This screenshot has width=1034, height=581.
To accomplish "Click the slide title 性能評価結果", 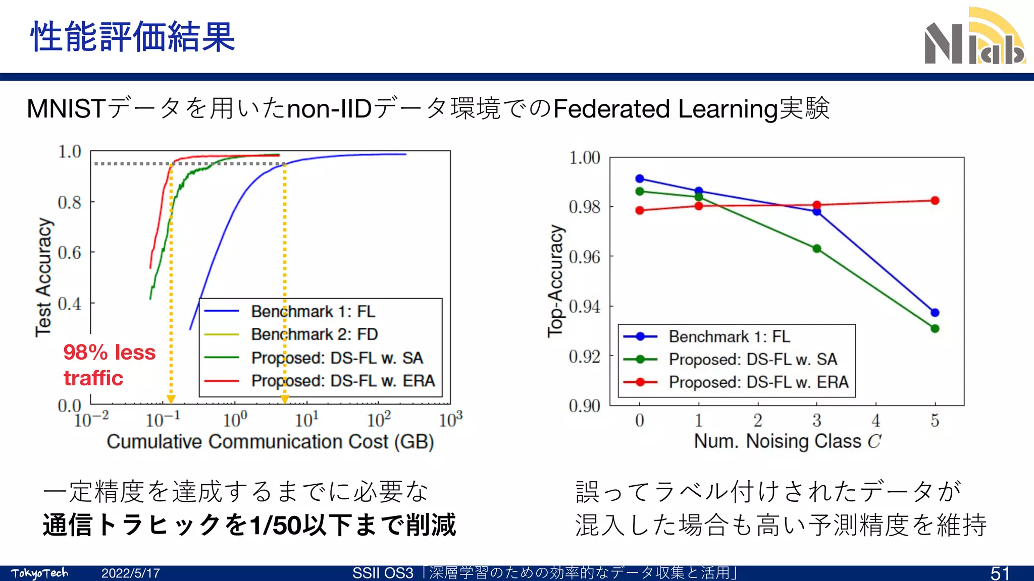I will [x=133, y=37].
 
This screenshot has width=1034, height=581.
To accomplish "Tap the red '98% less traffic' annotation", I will [x=109, y=365].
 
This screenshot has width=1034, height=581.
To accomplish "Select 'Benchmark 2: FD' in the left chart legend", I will [x=314, y=334].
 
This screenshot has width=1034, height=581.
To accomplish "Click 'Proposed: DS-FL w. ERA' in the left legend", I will [x=343, y=381].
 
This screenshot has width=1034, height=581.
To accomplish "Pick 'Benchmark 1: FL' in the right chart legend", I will [x=729, y=336].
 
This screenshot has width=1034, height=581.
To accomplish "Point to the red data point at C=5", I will [x=935, y=201].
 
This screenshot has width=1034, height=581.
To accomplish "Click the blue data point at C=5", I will [x=935, y=313].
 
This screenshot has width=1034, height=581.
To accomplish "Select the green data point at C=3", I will [x=817, y=249].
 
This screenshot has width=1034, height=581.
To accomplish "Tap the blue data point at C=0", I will [x=640, y=179].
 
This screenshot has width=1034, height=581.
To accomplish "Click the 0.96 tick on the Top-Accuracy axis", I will [x=584, y=257].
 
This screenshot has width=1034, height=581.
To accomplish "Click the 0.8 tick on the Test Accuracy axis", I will [x=70, y=202].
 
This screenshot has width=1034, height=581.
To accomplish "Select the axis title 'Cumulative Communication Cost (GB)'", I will [x=270, y=442].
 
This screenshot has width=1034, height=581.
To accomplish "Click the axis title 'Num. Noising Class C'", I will [x=787, y=441].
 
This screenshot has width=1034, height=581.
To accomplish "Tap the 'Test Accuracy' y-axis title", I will [x=44, y=277].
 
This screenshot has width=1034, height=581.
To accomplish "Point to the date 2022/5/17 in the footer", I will [x=130, y=573].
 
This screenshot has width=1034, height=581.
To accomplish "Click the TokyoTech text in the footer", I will [x=39, y=573].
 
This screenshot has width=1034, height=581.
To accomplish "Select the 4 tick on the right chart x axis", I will [x=875, y=420].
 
